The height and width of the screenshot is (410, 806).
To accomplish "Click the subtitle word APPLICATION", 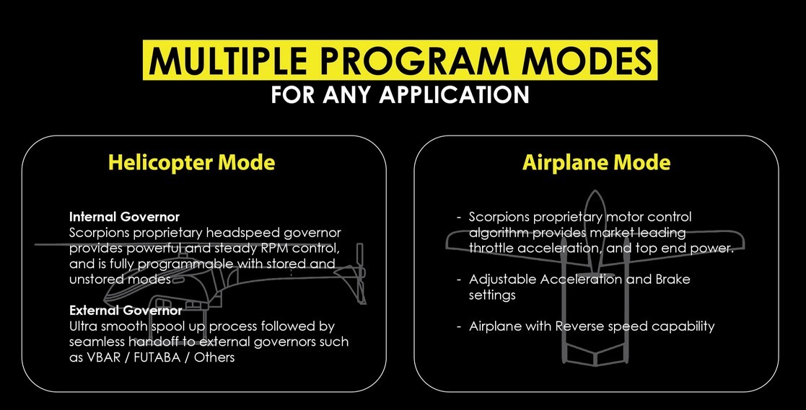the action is pos(455,95).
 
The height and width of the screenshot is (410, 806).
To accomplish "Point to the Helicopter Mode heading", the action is pos(191,163).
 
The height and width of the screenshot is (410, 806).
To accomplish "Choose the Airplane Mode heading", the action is pos(596,163).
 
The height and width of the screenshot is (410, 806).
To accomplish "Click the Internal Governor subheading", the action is pos(124,217).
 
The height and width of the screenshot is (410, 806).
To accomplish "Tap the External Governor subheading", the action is pos(126,310).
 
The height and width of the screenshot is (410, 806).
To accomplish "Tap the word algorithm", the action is pos(499,233).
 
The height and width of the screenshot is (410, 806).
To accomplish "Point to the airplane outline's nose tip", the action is pos(595,192).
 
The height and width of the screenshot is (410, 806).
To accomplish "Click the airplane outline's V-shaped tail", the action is pos(595,357).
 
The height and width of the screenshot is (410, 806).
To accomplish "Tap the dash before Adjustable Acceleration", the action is pos(459,280).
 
